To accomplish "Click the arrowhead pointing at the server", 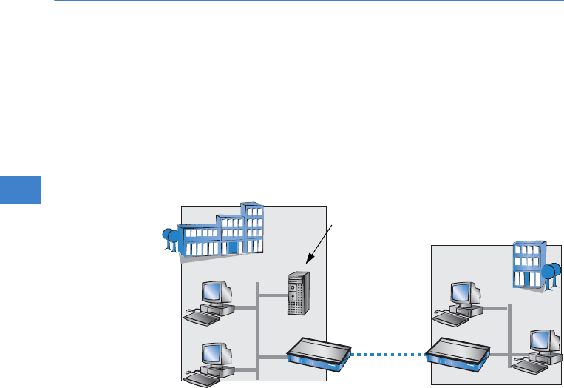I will point(309,261).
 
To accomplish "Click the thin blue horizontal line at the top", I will point(296,1).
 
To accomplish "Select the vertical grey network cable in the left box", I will point(258,326).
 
